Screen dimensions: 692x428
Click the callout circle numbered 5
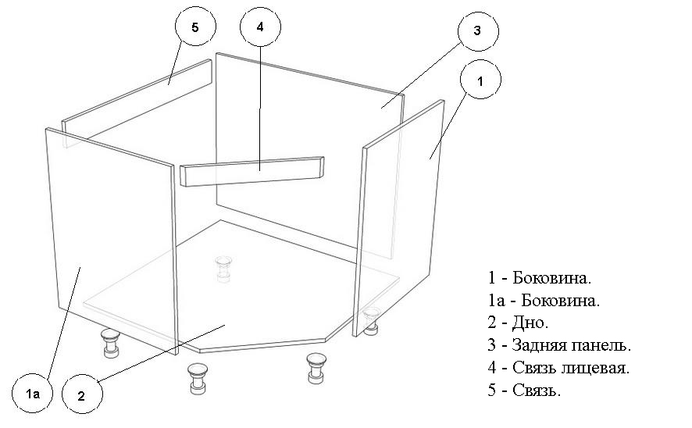(195, 26)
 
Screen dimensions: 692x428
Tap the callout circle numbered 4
(260, 26)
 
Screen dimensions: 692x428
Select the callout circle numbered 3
(478, 31)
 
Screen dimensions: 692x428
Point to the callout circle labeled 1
(480, 80)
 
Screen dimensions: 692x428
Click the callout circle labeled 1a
(32, 392)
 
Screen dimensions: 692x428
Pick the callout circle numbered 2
(82, 394)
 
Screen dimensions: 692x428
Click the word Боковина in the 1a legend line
(561, 301)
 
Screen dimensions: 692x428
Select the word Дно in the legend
(530, 323)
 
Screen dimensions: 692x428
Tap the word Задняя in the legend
(539, 345)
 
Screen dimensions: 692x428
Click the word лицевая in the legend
(595, 368)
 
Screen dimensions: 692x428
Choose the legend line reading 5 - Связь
(524, 390)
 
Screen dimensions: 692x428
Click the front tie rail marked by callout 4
(252, 171)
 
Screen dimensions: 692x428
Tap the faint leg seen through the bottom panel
(223, 268)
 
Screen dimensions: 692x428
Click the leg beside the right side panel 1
(371, 321)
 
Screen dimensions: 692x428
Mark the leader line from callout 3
(422, 75)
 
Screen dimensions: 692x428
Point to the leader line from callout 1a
(63, 322)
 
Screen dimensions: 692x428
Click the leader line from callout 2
(162, 353)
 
